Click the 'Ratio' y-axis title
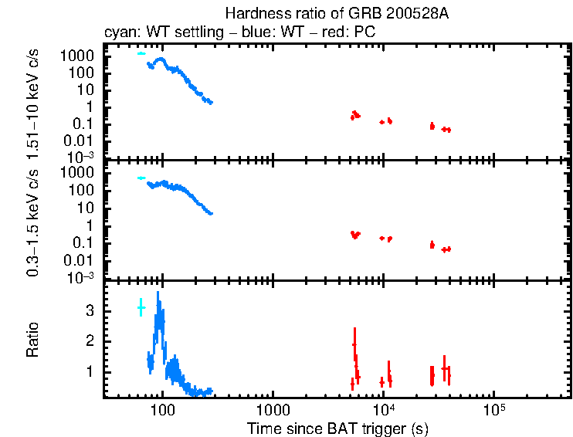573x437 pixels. tap(34, 340)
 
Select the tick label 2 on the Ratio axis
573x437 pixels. tap(92, 340)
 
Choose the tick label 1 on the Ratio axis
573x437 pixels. tap(92, 371)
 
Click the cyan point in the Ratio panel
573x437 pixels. tap(141, 307)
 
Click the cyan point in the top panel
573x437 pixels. tap(141, 54)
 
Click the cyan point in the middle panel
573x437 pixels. tap(141, 178)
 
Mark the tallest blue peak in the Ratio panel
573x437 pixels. tap(158, 293)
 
